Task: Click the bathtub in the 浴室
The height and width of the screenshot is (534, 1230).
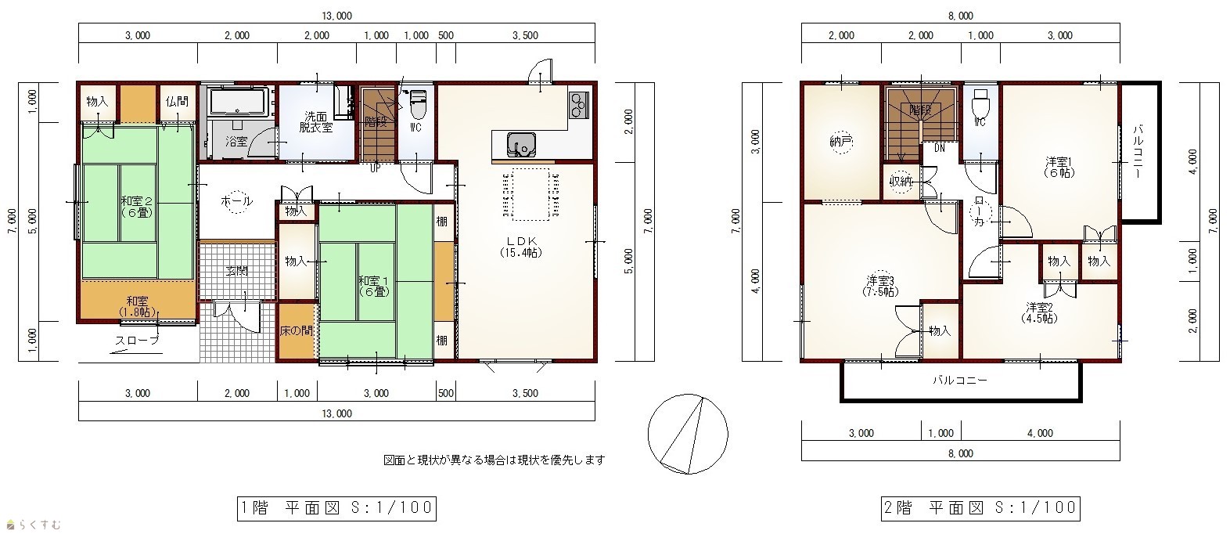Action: coord(239,103)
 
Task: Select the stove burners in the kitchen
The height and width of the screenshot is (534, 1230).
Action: coord(578,105)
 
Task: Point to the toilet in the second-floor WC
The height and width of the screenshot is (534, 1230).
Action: coord(980,105)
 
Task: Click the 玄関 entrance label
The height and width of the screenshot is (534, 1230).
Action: coord(237,270)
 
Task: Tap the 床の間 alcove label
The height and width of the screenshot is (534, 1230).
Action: coord(297,331)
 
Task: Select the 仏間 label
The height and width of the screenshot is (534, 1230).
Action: coord(177,102)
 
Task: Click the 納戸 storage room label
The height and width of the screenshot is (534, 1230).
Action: coord(840,142)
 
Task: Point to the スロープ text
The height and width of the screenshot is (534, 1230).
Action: coord(137,340)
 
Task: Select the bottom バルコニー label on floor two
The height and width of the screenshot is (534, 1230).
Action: coord(960,381)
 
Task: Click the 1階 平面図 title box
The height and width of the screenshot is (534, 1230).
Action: coord(336,508)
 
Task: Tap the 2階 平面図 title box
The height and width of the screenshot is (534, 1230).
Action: coord(980,508)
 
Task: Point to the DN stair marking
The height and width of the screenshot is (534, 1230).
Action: coord(940,148)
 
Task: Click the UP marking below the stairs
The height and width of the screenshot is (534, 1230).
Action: coord(375,168)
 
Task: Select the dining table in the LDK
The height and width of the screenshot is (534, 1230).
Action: coord(530,194)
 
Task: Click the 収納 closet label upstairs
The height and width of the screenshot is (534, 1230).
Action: coord(901,181)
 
